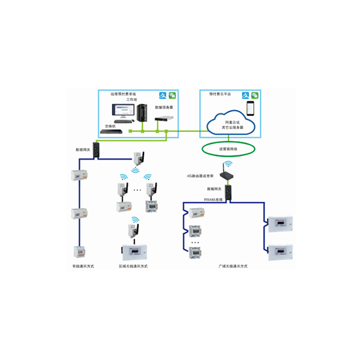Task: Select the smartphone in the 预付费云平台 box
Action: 251,109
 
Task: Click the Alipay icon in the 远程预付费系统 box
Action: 161,95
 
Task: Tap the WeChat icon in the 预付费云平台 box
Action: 255,95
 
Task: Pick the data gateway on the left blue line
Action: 97,151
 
